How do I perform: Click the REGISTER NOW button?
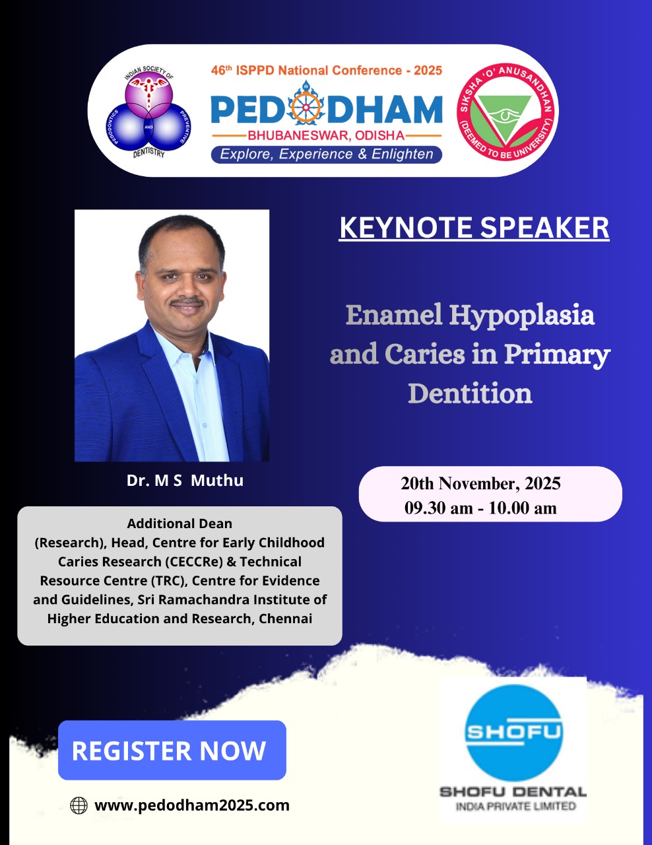tap(172, 751)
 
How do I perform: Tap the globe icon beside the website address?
tap(79, 805)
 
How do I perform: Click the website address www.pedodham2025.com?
tap(192, 805)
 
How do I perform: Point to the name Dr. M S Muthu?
tap(185, 481)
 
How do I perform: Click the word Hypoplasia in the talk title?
tap(522, 316)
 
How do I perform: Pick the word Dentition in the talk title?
tap(470, 393)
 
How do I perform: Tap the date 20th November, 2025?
tap(480, 484)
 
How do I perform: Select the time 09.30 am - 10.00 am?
tap(480, 508)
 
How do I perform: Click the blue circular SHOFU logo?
tap(513, 733)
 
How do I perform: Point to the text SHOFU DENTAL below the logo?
tap(513, 792)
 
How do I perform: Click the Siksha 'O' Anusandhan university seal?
tap(507, 111)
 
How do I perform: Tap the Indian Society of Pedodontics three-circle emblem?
tap(148, 112)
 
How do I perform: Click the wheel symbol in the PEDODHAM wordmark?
tap(306, 106)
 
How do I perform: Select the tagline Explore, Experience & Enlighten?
tap(327, 154)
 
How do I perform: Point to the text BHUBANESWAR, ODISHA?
tap(327, 136)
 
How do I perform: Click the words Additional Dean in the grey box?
tap(179, 524)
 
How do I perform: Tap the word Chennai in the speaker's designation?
tap(286, 619)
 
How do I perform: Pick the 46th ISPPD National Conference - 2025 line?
tap(327, 71)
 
